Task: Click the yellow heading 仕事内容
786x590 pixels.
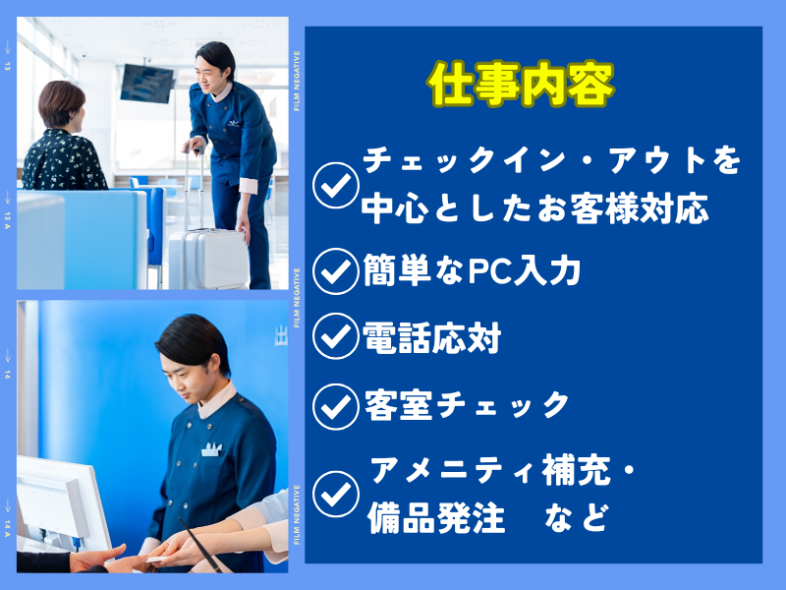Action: [x=521, y=85]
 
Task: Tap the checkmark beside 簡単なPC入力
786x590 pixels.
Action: [x=335, y=271]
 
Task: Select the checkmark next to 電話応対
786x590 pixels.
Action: [x=335, y=336]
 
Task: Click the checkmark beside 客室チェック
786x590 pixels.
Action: [x=335, y=406]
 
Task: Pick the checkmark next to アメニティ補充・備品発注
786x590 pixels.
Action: [x=335, y=494]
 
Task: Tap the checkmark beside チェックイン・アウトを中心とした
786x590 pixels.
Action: [x=335, y=185]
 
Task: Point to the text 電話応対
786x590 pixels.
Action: [x=431, y=337]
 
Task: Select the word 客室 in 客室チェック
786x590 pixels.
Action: [x=399, y=405]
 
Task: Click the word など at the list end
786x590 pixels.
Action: [x=577, y=517]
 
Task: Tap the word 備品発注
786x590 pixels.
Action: [x=436, y=517]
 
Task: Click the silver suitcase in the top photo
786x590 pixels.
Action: [x=208, y=259]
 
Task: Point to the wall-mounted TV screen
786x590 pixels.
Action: [x=146, y=84]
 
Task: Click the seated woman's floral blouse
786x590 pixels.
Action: [x=64, y=160]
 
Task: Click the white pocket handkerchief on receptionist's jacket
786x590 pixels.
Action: [x=211, y=449]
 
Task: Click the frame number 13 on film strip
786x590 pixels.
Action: [x=7, y=66]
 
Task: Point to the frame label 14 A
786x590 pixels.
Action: [x=7, y=528]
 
